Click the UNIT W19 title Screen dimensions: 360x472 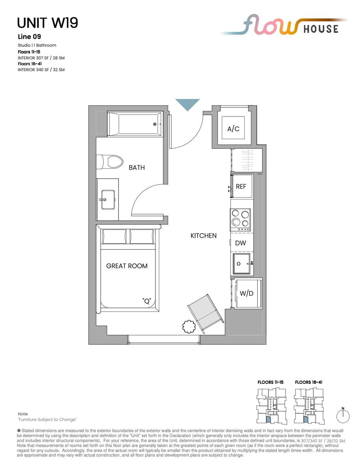pyautogui.click(x=47, y=23)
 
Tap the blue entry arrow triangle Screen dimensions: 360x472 pyautogui.click(x=187, y=104)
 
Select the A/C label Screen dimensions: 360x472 pyautogui.click(x=233, y=129)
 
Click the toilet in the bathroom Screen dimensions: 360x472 pyautogui.click(x=110, y=162)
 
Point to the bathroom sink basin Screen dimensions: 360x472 pyautogui.click(x=108, y=199)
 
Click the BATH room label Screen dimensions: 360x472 pyautogui.click(x=137, y=168)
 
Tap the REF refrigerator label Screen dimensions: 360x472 pyautogui.click(x=241, y=186)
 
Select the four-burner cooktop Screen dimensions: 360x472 pyautogui.click(x=240, y=220)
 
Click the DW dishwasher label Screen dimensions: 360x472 pyautogui.click(x=240, y=243)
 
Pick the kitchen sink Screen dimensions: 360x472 pyautogui.click(x=242, y=264)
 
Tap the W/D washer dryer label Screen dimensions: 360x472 pyautogui.click(x=246, y=293)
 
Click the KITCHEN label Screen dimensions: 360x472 pyautogui.click(x=203, y=236)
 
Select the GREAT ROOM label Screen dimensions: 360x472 pyautogui.click(x=127, y=266)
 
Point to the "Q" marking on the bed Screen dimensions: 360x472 pyautogui.click(x=147, y=301)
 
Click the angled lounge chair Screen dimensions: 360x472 pyautogui.click(x=205, y=314)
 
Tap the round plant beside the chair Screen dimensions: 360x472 pyautogui.click(x=189, y=326)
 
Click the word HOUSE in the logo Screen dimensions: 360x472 pyautogui.click(x=321, y=29)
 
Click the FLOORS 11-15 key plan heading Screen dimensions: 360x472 pyautogui.click(x=270, y=382)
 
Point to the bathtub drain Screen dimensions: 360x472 pyautogui.click(x=155, y=124)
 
